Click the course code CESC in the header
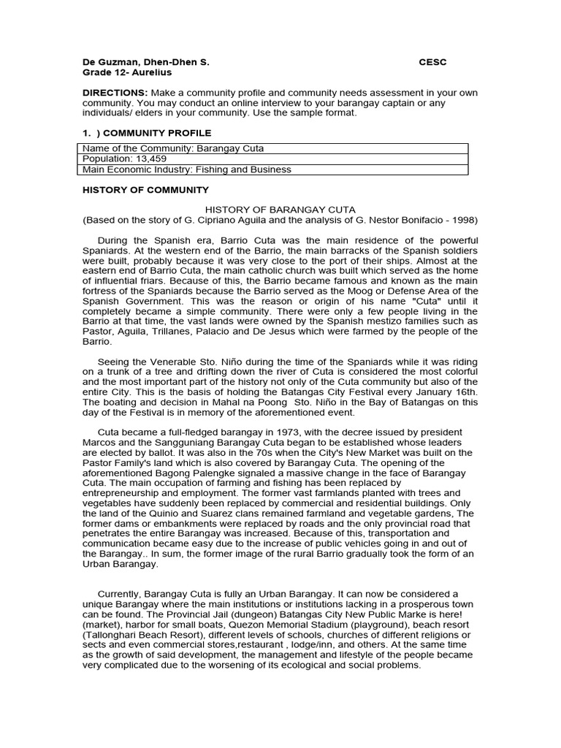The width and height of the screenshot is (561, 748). (432, 62)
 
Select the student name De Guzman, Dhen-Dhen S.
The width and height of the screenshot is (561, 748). (145, 62)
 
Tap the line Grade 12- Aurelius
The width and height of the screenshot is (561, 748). (126, 72)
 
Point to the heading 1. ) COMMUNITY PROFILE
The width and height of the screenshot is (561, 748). (146, 133)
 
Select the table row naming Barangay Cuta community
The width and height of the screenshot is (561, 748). (173, 148)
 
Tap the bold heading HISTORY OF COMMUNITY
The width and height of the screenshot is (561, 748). (145, 190)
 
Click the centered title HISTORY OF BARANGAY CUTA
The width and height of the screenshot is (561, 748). (280, 210)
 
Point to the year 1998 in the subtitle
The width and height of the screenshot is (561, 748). (467, 220)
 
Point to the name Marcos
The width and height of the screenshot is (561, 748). (97, 443)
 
